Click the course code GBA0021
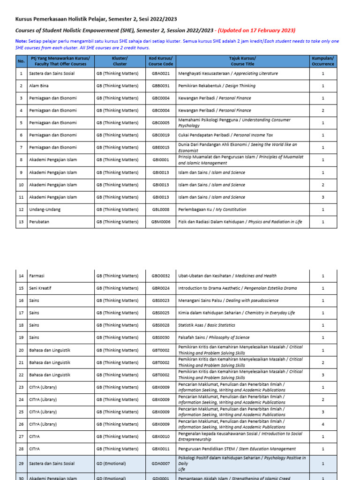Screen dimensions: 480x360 (161, 74)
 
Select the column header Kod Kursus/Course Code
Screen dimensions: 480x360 (161, 61)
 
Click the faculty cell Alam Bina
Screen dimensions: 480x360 (39, 86)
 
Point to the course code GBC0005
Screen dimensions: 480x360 (161, 123)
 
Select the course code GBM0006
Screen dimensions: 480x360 (161, 222)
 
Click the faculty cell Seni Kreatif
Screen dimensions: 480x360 (41, 288)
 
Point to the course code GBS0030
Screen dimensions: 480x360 (161, 337)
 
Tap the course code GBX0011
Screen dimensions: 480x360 (161, 449)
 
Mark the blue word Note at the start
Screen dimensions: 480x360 (21, 41)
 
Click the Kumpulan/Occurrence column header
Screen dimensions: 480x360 (323, 61)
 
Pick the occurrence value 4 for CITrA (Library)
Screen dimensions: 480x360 (323, 424)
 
